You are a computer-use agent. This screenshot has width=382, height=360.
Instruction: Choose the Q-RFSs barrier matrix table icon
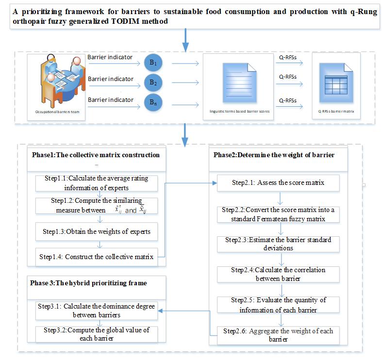(x=336, y=85)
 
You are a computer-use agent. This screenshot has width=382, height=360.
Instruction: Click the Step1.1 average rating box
(x=100, y=181)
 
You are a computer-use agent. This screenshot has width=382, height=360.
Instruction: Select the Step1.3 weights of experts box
(x=100, y=231)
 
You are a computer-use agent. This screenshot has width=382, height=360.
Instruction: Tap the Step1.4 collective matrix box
(x=100, y=257)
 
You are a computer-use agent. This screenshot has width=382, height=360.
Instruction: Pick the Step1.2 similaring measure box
(x=100, y=206)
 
